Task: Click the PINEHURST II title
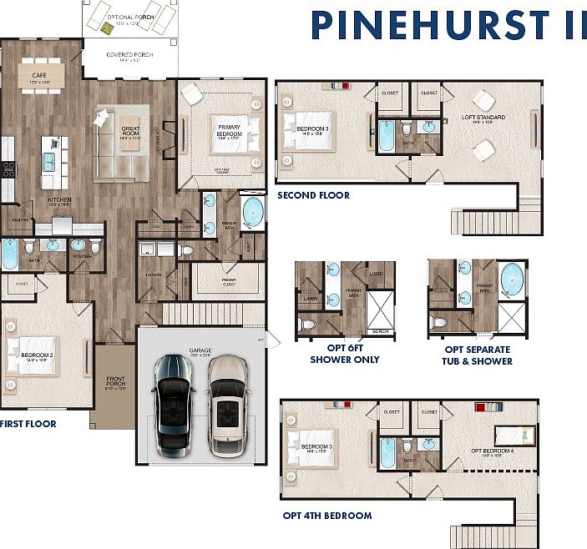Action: coord(449,25)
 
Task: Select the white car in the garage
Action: coord(226,405)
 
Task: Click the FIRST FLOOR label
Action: coord(28,424)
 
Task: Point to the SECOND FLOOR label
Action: coord(313,195)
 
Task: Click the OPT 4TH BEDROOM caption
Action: coord(326,516)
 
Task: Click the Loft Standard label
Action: coord(483,118)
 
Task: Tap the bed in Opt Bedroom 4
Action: coord(513,434)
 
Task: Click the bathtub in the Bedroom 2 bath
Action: coord(9,254)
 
